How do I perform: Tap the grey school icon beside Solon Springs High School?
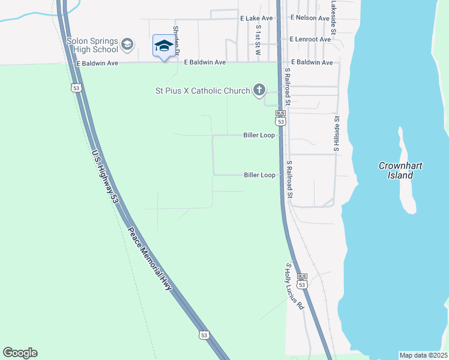(x=127, y=44)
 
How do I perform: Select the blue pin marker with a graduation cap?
(x=163, y=46)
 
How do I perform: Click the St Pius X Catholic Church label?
(x=201, y=91)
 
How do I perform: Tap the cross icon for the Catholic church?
(x=259, y=91)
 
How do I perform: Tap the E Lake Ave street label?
(x=256, y=19)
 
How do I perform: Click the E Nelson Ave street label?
(x=311, y=18)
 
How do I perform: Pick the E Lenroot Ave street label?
(x=310, y=40)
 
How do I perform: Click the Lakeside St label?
(x=334, y=16)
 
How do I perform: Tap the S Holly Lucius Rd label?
(x=295, y=287)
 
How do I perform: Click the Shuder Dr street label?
(x=176, y=40)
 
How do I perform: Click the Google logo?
(x=20, y=353)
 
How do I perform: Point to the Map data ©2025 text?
(x=424, y=355)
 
